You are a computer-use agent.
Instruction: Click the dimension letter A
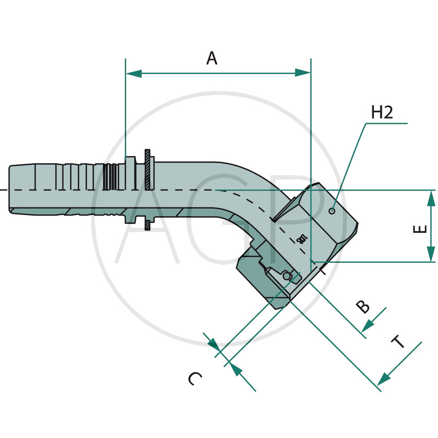212,57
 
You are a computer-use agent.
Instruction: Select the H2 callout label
382,113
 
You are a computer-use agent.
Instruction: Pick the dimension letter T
398,343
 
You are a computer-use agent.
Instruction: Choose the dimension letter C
195,378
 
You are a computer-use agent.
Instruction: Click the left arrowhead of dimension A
134,73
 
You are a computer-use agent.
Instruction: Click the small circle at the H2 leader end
332,211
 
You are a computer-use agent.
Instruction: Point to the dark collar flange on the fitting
148,189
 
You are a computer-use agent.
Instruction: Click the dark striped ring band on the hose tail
110,176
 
